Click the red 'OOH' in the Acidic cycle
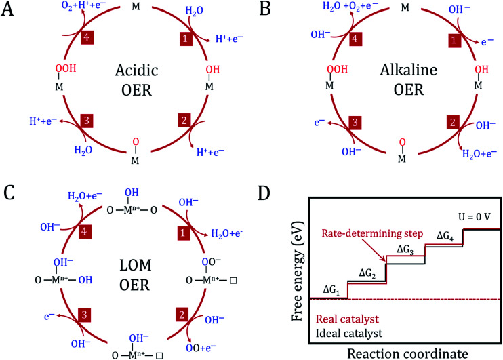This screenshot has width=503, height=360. point(44,68)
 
